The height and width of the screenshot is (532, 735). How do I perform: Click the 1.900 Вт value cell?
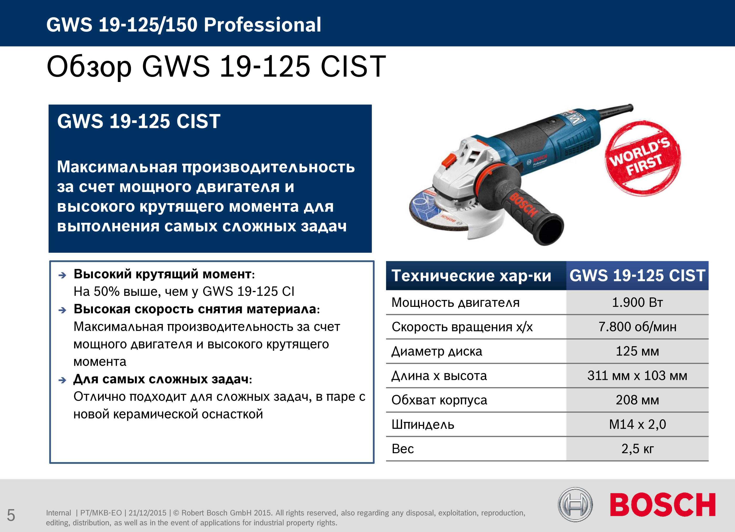coord(637,302)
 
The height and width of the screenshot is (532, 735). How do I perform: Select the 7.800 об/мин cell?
coord(637,327)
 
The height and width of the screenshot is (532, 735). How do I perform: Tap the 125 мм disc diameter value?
coord(637,351)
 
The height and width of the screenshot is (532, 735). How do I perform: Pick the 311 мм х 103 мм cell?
coord(637,376)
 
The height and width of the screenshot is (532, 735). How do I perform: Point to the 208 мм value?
coord(637,400)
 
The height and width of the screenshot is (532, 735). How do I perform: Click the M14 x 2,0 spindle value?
coord(637,424)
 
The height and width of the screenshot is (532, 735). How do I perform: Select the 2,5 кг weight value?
coord(637,449)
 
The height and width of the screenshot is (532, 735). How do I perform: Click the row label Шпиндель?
coord(423,425)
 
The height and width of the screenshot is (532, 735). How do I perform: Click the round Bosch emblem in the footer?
coord(575,505)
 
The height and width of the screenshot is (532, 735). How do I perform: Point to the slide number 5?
coord(11,515)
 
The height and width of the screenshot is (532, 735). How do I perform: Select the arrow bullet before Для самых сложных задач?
coord(62,380)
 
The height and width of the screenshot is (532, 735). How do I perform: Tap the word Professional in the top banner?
coord(262,25)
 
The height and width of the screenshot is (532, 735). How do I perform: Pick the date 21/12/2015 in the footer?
coord(148,513)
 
